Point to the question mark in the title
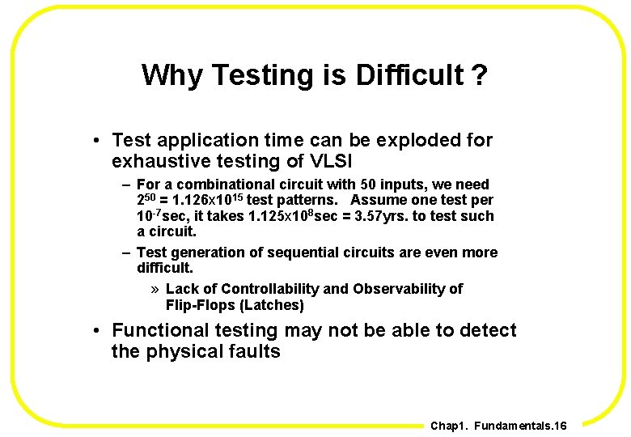[x=481, y=75]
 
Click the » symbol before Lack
[x=155, y=289]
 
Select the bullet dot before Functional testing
[x=95, y=331]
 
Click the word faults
[x=254, y=352]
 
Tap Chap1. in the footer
[x=448, y=426]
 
